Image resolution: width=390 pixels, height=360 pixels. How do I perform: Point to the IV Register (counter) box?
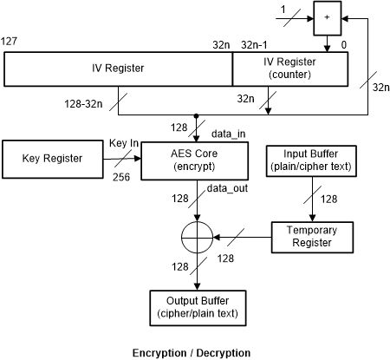click(290, 67)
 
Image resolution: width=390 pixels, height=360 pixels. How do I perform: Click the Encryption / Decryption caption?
click(191, 352)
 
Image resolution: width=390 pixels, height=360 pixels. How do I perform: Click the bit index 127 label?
click(11, 42)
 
